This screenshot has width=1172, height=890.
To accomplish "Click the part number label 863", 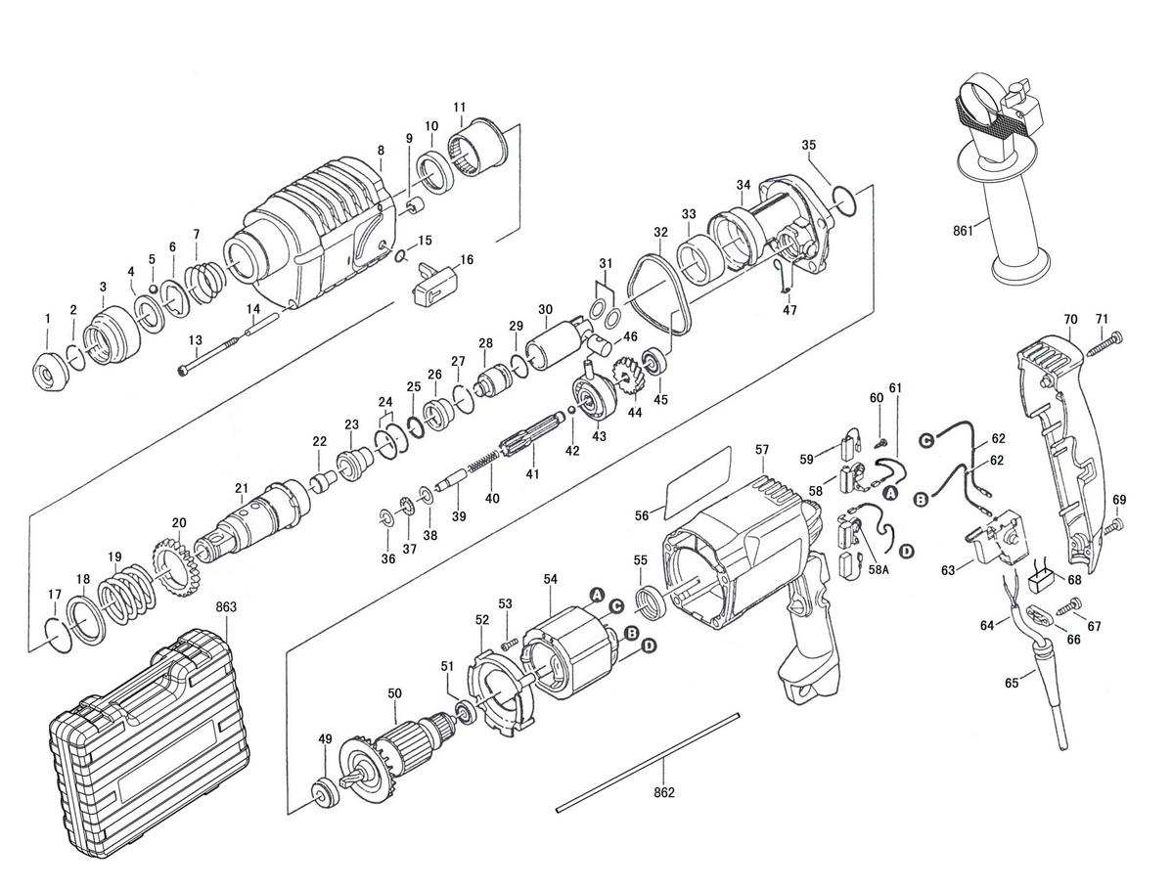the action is pos(225,606).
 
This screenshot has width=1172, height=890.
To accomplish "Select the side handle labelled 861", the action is pos(1000,179).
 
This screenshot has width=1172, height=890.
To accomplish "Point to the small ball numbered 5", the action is pos(153,288).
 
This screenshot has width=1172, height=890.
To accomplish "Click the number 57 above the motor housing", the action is pos(762,449).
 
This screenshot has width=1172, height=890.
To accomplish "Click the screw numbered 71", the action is pos(1106,342).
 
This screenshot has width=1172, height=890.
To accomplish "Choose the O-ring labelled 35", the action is pos(842,201).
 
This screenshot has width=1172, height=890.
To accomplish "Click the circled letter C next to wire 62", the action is pos(926,442).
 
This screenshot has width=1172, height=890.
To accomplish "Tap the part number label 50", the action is pos(394,694).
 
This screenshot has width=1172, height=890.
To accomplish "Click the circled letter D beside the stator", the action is pos(649,645).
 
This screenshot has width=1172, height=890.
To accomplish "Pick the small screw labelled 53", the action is pos(509,641).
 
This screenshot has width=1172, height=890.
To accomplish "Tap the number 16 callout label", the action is pos(467,259).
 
